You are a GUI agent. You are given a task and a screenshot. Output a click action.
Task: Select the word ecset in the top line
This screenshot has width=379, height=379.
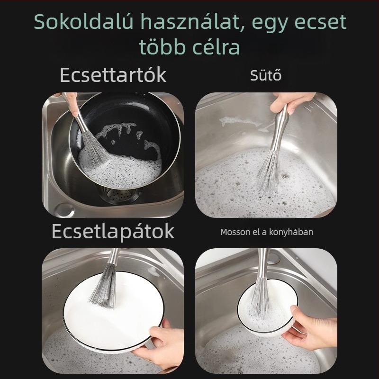pyautogui.click(x=319, y=23)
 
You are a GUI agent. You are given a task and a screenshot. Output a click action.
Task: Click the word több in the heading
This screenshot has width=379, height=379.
pyautogui.click(x=159, y=47)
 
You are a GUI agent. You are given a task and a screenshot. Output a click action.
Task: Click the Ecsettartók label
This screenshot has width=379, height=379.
pyautogui.click(x=113, y=75)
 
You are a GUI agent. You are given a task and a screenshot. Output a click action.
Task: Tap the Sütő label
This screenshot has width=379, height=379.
pyautogui.click(x=266, y=75)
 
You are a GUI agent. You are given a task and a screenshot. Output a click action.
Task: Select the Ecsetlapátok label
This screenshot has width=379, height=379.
pyautogui.click(x=113, y=232)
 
